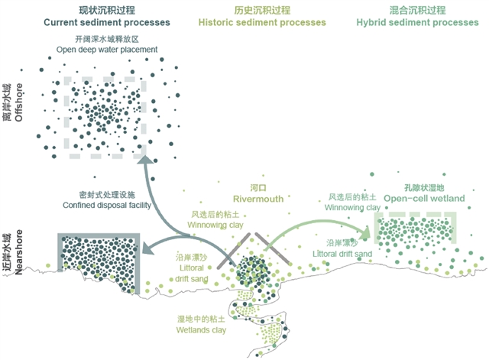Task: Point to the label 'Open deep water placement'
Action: [x=107, y=50]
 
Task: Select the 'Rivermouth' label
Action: [x=258, y=199]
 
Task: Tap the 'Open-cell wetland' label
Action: [x=424, y=198]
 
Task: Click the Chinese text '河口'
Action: [x=258, y=187]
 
